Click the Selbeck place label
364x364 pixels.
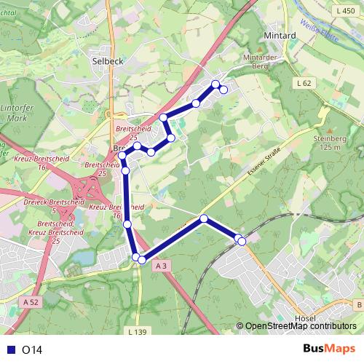click(x=108, y=61)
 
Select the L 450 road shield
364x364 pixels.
click(x=347, y=11)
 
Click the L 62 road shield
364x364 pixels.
click(x=304, y=84)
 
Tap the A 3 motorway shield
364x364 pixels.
click(x=162, y=267)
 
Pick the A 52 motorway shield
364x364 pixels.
click(x=30, y=301)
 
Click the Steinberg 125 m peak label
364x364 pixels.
click(x=330, y=142)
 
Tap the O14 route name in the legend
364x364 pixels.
click(x=32, y=349)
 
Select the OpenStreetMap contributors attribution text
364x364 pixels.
click(x=301, y=327)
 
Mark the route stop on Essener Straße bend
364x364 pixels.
click(x=204, y=218)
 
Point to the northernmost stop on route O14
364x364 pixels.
click(x=215, y=84)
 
